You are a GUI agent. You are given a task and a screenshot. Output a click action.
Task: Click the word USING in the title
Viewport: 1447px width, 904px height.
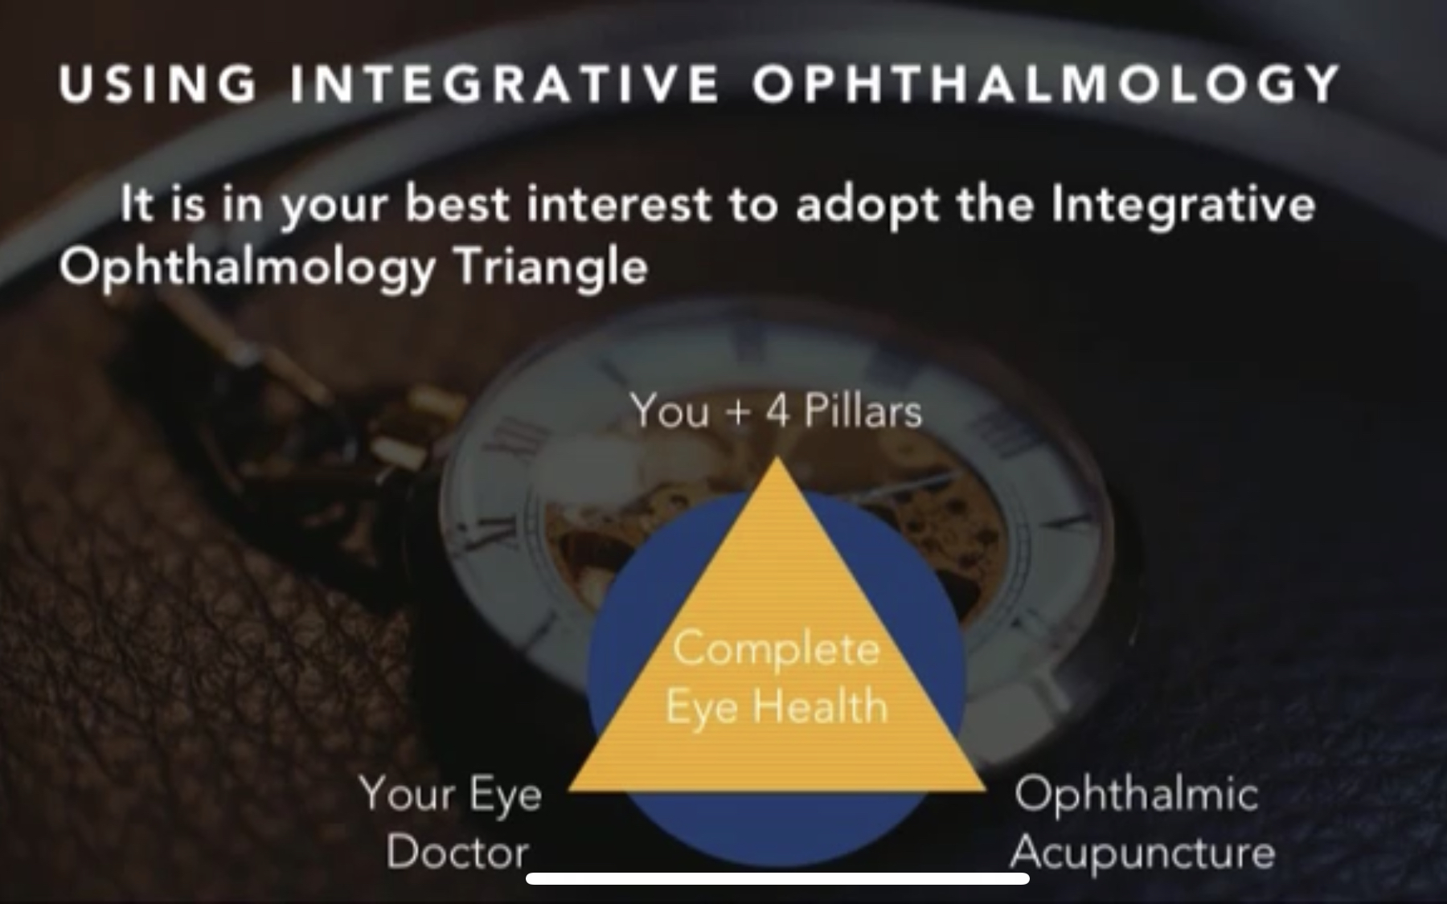click(x=158, y=84)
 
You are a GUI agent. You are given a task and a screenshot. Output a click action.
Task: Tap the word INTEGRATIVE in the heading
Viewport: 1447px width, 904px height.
click(x=504, y=84)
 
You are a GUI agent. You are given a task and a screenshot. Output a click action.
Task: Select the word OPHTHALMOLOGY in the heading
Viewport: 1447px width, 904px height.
click(x=1047, y=84)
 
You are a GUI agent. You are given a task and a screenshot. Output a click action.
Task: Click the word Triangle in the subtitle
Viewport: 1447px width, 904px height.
click(x=551, y=268)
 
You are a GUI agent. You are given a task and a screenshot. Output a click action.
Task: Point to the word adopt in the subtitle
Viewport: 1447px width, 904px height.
click(x=867, y=206)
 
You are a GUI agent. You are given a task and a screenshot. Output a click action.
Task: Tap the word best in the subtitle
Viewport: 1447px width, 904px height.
click(x=457, y=203)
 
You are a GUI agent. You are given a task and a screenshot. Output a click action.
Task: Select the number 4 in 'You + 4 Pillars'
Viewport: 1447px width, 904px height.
click(x=777, y=411)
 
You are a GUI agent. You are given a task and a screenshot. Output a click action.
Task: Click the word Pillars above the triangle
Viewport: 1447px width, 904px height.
click(x=863, y=411)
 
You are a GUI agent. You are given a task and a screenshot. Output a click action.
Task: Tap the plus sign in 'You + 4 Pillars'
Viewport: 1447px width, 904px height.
click(x=737, y=413)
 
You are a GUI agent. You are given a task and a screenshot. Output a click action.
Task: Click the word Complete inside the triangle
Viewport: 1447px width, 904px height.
click(x=777, y=650)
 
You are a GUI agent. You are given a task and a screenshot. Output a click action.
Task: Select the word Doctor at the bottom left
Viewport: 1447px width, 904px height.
click(x=457, y=853)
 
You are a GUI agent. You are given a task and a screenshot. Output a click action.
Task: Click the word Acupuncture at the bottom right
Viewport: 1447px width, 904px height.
click(x=1142, y=853)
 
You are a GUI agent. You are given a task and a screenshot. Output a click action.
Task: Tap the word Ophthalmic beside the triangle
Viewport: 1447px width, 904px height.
click(x=1136, y=794)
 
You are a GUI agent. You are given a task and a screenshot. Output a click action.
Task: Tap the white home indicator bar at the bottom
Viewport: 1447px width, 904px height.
click(x=777, y=878)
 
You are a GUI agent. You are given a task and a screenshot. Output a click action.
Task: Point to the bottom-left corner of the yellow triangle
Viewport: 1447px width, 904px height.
click(x=569, y=791)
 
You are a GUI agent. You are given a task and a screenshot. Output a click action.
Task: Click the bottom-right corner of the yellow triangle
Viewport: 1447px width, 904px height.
click(x=986, y=791)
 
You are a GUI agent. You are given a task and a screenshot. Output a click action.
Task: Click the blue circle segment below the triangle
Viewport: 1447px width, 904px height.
click(x=777, y=828)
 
